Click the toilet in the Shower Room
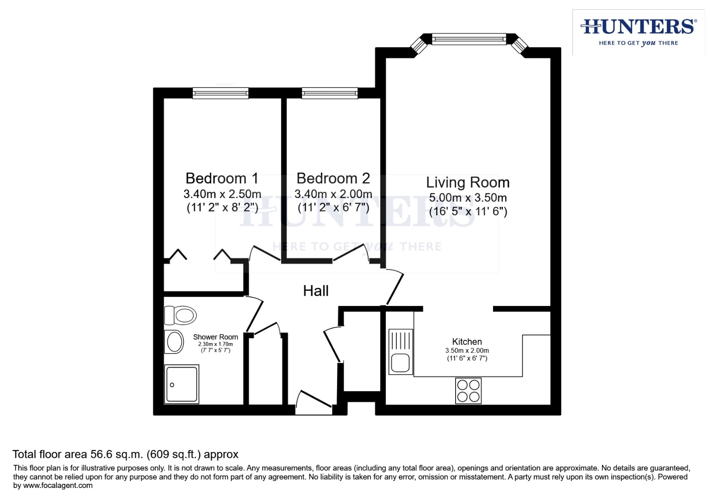(181, 315)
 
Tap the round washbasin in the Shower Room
(174, 342)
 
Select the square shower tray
(182, 384)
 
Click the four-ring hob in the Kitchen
(468, 391)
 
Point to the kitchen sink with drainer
(401, 352)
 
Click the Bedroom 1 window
(220, 93)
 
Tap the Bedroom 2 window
(330, 93)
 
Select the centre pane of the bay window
(469, 39)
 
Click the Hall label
(316, 291)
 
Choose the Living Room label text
(468, 182)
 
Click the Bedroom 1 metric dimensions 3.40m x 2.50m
(222, 194)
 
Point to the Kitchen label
(467, 342)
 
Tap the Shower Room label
(215, 337)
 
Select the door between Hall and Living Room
(395, 287)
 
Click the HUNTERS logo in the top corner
(639, 32)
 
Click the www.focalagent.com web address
(58, 485)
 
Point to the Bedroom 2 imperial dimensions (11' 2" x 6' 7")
(333, 207)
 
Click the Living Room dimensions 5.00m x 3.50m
(468, 198)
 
